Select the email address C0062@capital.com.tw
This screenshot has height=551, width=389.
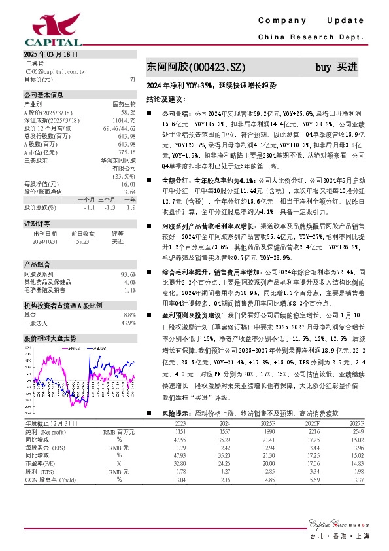click(51, 71)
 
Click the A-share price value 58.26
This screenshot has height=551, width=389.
click(128, 113)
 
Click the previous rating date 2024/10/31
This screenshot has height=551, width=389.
click(44, 241)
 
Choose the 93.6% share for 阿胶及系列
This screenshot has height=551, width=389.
click(128, 273)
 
